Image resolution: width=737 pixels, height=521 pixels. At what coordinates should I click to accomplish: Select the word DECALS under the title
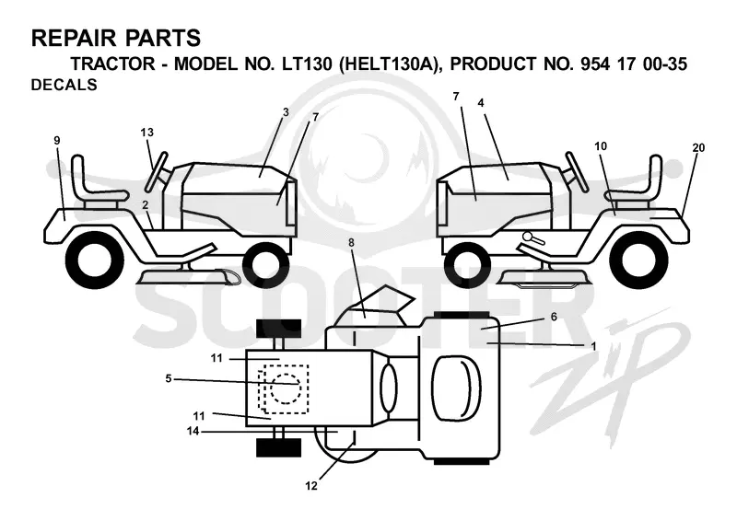click(x=64, y=85)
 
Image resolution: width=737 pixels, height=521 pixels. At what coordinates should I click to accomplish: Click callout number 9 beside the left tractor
click(x=57, y=140)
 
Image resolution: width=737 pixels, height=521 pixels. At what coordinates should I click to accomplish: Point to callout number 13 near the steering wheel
click(x=147, y=133)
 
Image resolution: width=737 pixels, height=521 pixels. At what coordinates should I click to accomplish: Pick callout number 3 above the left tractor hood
click(x=286, y=112)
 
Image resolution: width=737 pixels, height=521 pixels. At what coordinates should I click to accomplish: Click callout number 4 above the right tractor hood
click(x=480, y=102)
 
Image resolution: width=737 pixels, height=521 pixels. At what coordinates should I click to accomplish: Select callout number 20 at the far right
click(x=698, y=147)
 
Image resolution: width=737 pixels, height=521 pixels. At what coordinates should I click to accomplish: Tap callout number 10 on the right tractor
click(x=601, y=146)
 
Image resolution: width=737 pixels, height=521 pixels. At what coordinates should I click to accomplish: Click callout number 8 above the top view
click(x=352, y=242)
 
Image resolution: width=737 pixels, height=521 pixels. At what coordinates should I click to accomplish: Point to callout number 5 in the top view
click(x=169, y=378)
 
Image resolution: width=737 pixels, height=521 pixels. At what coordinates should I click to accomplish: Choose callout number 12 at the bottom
click(x=311, y=486)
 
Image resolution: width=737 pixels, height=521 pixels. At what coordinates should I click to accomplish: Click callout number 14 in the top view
click(x=193, y=430)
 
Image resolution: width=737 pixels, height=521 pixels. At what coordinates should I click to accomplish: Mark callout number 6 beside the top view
click(x=554, y=317)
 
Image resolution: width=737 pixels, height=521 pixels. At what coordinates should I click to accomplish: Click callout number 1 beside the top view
click(x=593, y=346)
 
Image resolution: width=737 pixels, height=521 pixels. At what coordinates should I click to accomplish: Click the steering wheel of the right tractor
click(x=577, y=172)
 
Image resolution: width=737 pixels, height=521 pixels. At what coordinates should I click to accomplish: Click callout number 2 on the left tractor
click(x=146, y=205)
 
